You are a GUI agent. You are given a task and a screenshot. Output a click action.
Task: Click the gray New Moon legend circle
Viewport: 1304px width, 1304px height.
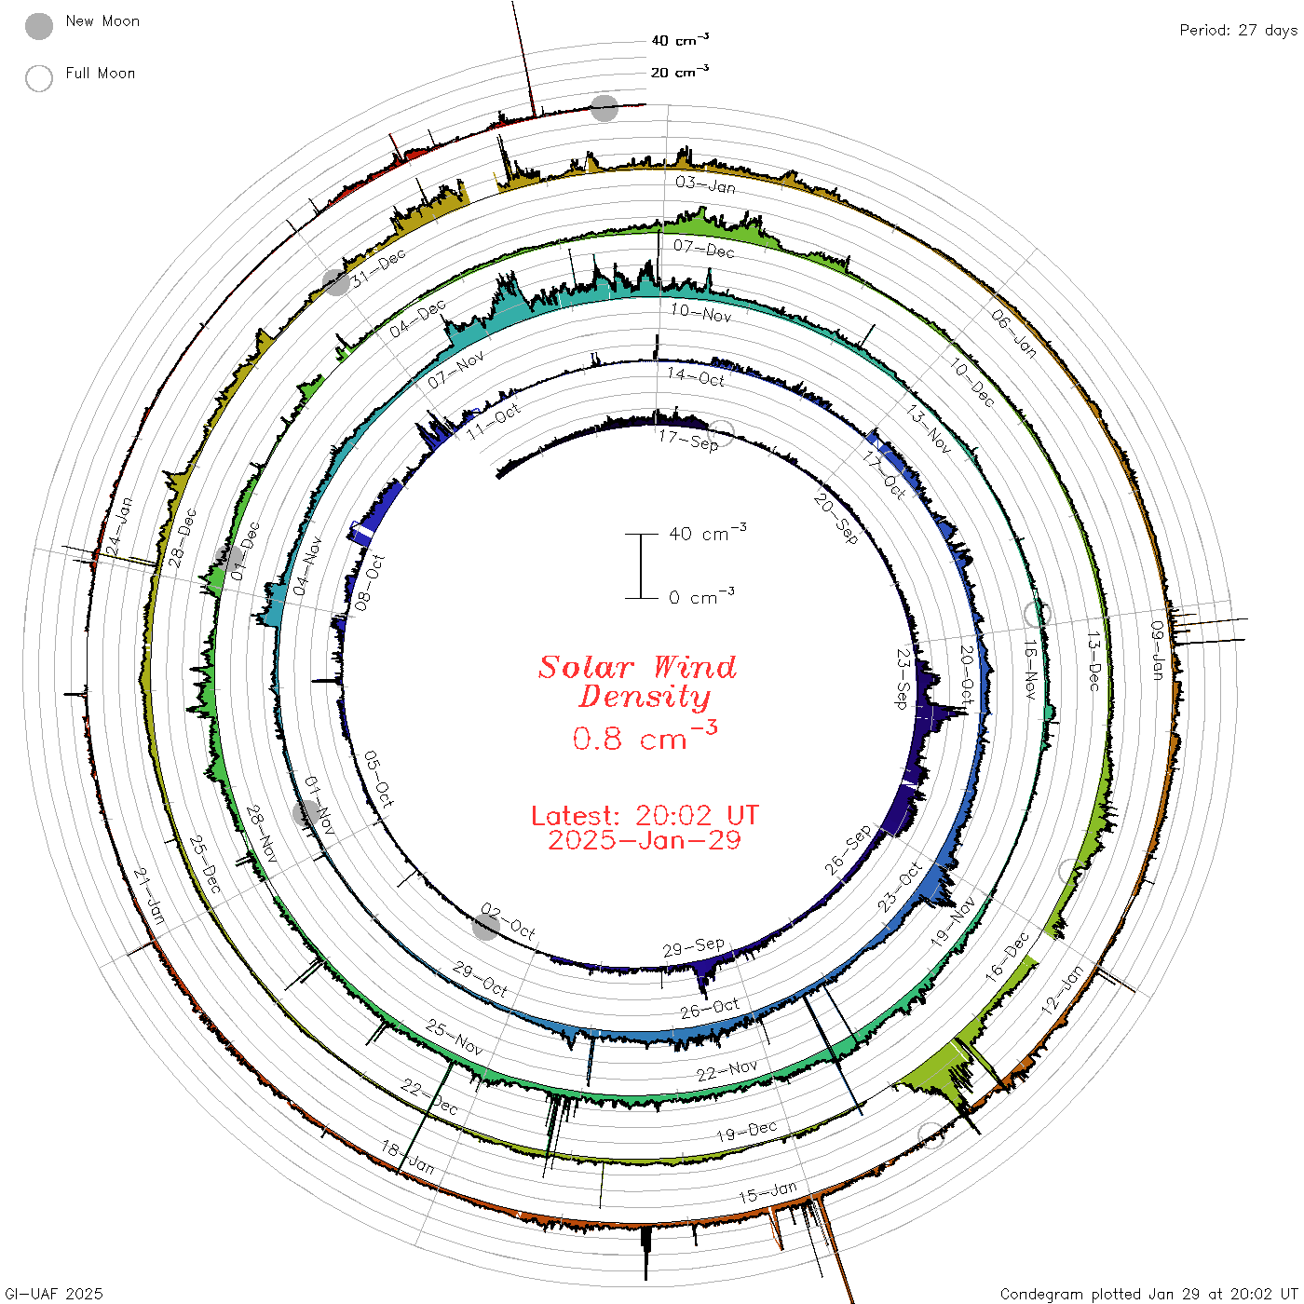point(39,26)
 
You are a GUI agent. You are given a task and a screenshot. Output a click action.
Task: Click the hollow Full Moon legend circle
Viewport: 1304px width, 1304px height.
point(39,78)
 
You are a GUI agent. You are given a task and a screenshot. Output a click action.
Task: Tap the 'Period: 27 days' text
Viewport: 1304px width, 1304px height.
point(1239,31)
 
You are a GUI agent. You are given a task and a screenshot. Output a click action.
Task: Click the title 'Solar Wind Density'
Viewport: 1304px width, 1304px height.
point(638,682)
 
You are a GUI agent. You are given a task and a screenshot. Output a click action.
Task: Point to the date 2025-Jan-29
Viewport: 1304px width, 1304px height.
point(645,840)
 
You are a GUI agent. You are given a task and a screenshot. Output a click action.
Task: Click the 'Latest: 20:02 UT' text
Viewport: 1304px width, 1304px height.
point(645,815)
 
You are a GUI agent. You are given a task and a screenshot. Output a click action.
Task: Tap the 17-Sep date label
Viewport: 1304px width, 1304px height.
point(688,441)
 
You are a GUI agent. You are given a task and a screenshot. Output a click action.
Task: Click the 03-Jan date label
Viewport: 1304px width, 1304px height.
point(706,184)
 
